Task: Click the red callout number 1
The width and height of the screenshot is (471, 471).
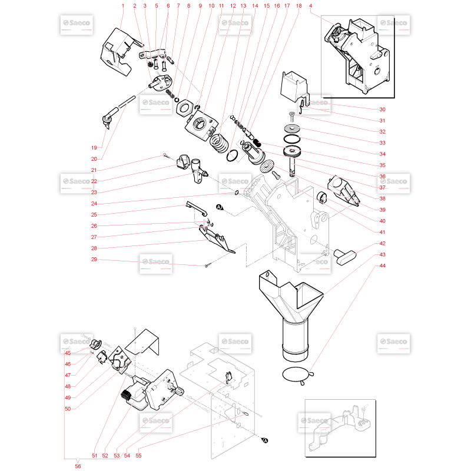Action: (122, 6)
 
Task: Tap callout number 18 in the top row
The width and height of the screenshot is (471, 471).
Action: (298, 6)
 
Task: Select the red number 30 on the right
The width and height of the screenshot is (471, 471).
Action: (382, 110)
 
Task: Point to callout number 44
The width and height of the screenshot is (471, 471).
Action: (382, 266)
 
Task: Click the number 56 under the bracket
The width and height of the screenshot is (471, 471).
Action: (78, 466)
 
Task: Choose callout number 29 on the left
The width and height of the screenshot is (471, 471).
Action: (94, 259)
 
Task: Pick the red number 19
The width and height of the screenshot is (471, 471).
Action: (94, 148)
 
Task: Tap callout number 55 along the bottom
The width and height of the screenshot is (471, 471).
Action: (138, 455)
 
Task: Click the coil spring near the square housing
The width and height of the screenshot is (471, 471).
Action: (219, 143)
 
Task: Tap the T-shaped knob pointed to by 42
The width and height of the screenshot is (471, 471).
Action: (345, 257)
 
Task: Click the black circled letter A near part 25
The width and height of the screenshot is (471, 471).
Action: (219, 207)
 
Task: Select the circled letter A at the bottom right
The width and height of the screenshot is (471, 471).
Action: (265, 440)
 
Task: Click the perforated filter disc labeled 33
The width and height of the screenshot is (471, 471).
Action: (292, 128)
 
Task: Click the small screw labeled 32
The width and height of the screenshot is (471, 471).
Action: (291, 117)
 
